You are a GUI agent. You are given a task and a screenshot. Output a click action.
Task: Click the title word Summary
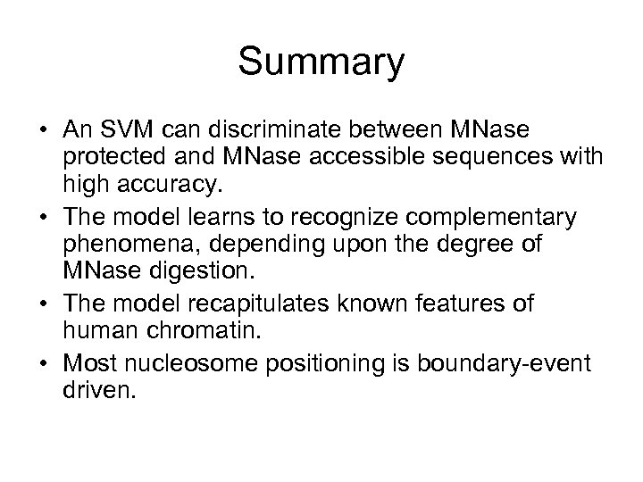[321, 63]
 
